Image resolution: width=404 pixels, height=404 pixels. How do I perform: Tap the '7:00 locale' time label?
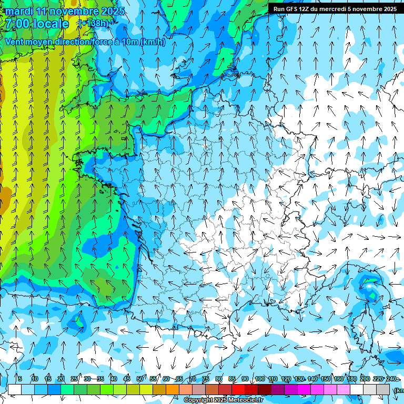(37, 24)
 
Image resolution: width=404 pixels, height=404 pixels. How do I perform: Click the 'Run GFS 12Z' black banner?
(335, 8)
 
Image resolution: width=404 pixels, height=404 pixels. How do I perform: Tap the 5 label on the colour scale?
(20, 379)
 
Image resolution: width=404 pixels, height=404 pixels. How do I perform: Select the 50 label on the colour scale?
(140, 379)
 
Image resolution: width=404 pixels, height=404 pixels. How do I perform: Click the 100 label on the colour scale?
(259, 379)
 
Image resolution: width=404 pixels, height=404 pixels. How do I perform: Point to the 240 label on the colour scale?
(391, 379)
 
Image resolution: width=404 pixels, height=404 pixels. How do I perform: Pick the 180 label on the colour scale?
(351, 379)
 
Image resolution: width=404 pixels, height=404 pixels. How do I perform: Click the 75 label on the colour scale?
(206, 379)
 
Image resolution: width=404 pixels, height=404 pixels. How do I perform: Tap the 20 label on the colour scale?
(61, 379)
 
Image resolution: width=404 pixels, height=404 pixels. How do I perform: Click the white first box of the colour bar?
(15, 389)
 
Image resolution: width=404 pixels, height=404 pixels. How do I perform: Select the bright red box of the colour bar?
(238, 389)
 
